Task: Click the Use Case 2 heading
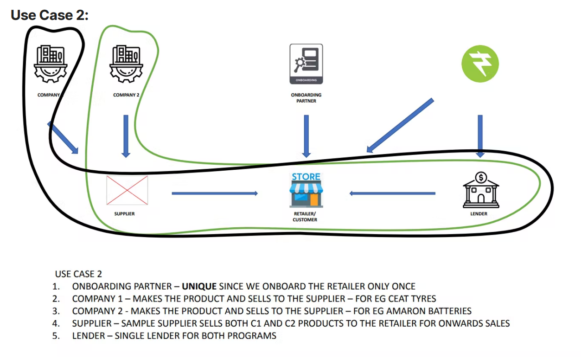click(50, 15)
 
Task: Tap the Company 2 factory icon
click(126, 63)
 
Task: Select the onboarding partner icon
click(306, 64)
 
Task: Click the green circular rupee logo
click(480, 64)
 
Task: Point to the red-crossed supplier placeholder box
click(127, 190)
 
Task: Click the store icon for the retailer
click(306, 190)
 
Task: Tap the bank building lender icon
click(480, 190)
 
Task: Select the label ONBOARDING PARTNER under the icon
click(306, 98)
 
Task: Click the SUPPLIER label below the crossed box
click(124, 214)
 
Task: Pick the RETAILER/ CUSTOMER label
click(305, 217)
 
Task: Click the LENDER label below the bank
click(479, 214)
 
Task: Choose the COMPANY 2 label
click(126, 95)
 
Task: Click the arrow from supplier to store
click(214, 193)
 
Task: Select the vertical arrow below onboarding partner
click(306, 135)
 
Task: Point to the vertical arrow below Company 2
click(126, 135)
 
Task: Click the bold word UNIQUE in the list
click(199, 286)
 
